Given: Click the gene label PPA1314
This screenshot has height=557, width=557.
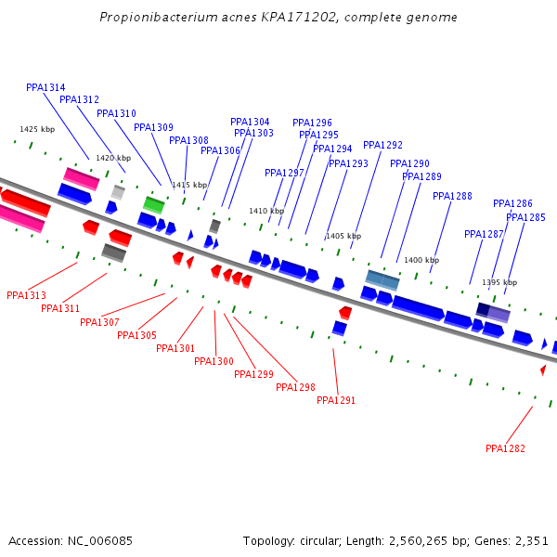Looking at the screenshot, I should [45, 87].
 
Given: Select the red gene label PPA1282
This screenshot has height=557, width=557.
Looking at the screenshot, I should [505, 448].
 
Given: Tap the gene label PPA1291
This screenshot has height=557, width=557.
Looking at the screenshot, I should [336, 400].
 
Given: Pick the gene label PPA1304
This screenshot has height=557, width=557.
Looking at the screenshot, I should [250, 122].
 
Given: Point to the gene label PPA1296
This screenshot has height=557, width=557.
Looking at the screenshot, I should [312, 123].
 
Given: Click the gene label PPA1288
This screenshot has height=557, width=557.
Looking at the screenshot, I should [452, 196].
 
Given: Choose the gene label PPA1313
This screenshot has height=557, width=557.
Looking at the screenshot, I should [26, 295].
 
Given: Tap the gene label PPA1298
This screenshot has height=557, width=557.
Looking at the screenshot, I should [295, 387].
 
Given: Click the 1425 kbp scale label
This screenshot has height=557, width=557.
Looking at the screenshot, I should [37, 129].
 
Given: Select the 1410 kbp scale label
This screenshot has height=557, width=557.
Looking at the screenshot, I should [266, 211].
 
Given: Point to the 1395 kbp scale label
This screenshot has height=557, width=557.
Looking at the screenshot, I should [499, 282].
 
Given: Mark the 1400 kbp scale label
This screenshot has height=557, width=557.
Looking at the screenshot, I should [421, 260].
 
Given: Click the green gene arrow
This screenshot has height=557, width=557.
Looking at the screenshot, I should [153, 204].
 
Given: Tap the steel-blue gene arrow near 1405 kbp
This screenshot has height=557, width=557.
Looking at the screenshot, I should [382, 278].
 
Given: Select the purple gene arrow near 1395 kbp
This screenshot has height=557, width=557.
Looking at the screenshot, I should [493, 312].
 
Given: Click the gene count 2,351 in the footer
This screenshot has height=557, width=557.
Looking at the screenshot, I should [531, 540].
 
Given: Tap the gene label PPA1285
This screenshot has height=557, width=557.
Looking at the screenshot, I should [525, 217].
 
